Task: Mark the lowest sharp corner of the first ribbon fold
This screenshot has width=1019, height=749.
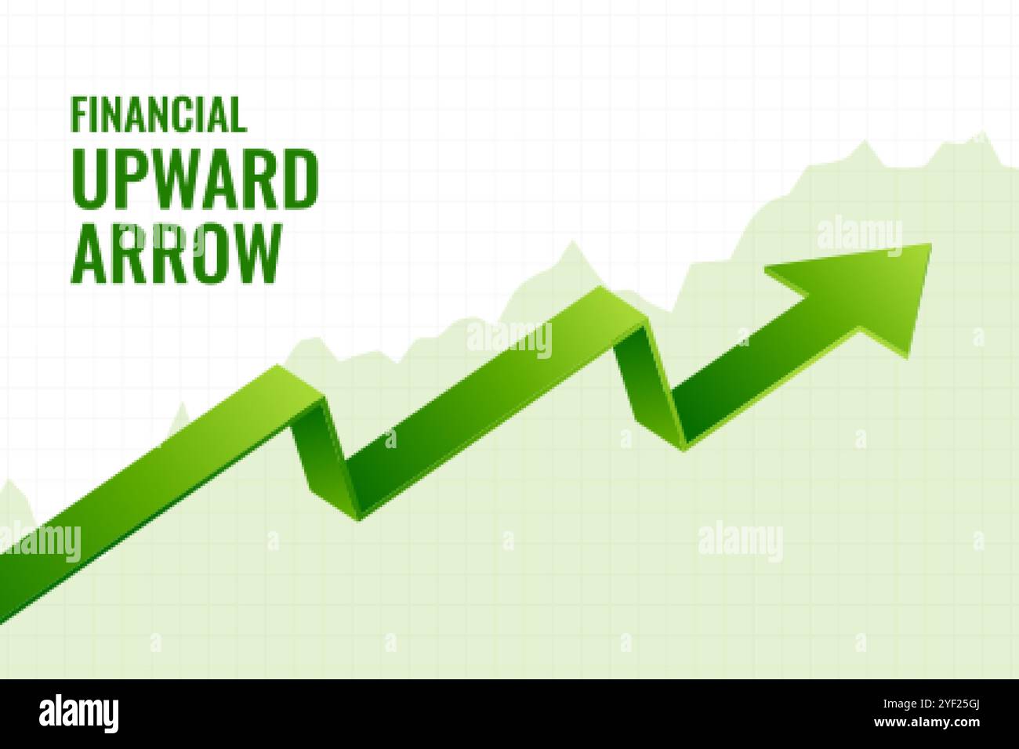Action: pyautogui.click(x=359, y=518)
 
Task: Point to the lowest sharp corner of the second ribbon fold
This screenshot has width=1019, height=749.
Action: pyautogui.click(x=684, y=450)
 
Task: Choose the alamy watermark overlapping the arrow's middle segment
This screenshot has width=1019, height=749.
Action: pyautogui.click(x=509, y=338)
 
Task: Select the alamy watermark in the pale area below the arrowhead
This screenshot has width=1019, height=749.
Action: pyautogui.click(x=739, y=540)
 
